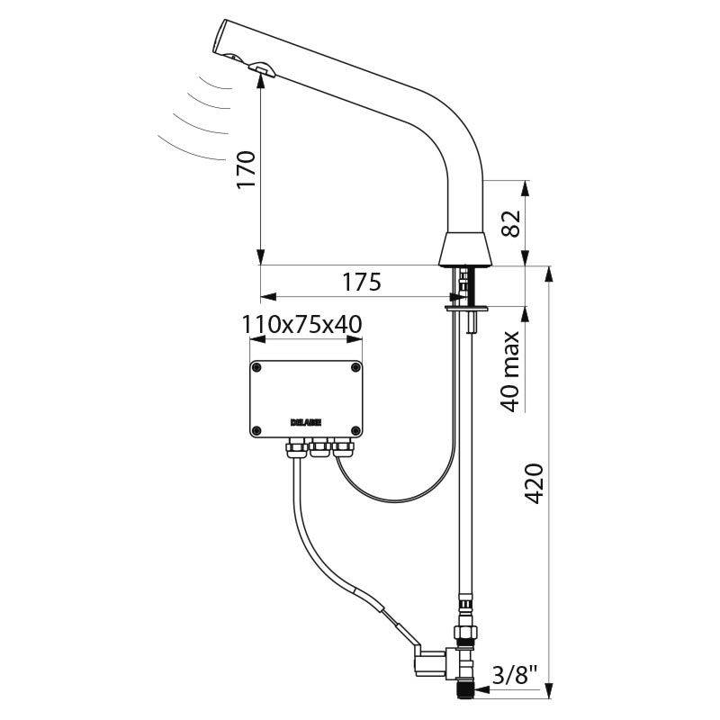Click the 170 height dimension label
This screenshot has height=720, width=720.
[247, 168]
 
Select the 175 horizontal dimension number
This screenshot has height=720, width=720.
[360, 282]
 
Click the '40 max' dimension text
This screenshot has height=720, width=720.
[510, 371]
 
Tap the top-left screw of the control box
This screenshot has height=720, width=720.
[256, 367]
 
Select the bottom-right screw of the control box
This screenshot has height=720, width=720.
[357, 428]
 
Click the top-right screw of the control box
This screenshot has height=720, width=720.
[357, 367]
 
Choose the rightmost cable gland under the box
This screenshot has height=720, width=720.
[340, 445]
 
